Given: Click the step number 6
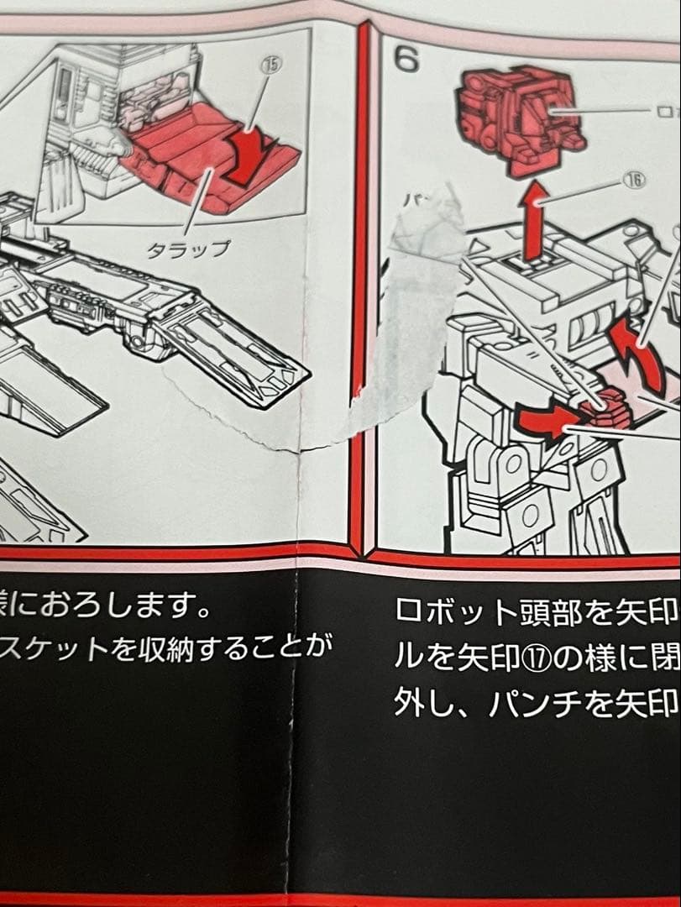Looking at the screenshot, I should click(407, 58).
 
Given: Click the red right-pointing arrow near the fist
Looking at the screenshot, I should click(544, 421).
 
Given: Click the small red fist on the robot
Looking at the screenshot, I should click(611, 410).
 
